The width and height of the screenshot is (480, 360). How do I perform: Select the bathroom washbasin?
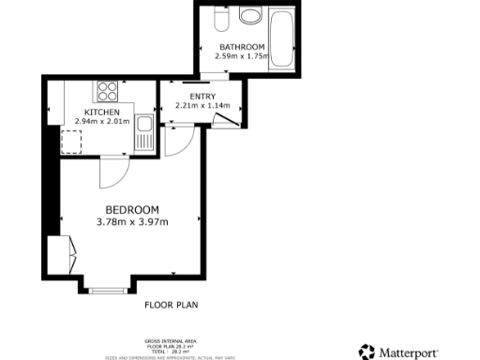click(250, 16)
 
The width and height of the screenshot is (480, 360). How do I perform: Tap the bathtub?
click(280, 37)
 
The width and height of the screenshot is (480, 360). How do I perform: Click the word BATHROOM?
click(242, 47)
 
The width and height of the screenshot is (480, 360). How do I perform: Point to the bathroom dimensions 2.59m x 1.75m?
click(242, 56)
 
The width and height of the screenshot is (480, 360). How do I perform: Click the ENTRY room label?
click(202, 97)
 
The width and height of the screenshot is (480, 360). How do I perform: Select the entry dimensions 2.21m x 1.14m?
click(202, 106)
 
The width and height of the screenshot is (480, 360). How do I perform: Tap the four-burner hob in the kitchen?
click(105, 92)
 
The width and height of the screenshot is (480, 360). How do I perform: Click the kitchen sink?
click(144, 130)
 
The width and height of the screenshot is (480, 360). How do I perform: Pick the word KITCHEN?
click(102, 112)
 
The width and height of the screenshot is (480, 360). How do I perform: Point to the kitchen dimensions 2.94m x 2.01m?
click(102, 121)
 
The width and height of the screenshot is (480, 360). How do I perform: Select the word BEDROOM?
click(131, 209)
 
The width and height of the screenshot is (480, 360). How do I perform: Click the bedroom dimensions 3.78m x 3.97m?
click(131, 222)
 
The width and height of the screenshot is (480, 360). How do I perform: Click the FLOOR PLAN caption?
click(171, 305)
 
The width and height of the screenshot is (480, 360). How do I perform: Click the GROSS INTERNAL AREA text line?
click(170, 339)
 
